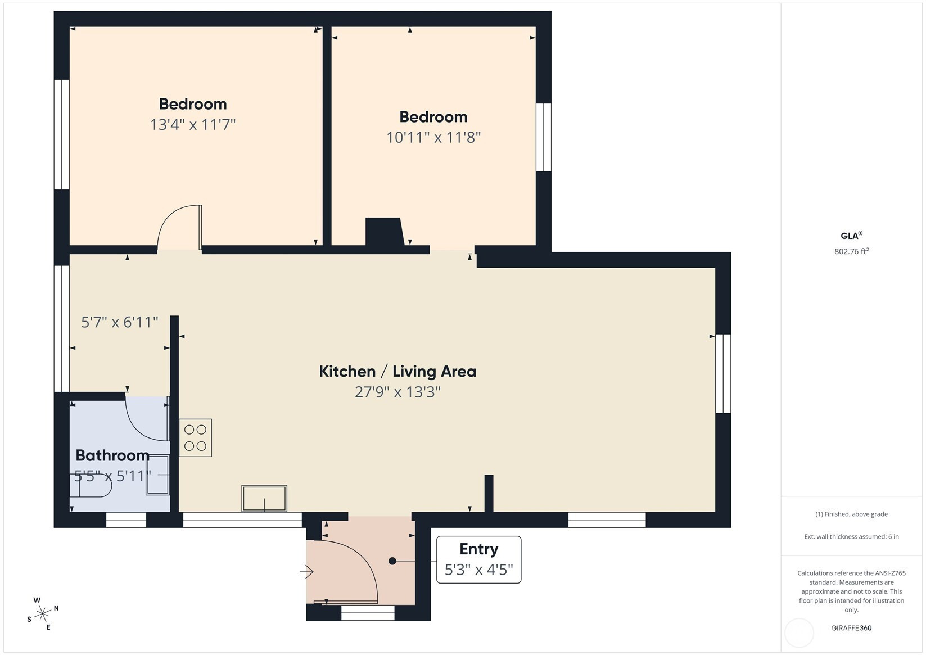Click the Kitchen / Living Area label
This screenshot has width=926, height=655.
click(397, 371)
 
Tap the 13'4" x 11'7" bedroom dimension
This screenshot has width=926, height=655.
click(193, 124)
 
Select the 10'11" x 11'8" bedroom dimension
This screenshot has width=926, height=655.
click(433, 137)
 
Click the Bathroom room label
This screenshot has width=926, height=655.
click(112, 455)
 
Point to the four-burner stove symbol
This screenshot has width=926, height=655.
click(195, 438)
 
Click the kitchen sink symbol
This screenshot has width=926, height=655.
click(264, 498)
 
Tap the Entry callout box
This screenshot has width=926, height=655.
click(478, 559)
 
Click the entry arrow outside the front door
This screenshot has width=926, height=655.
click(307, 572)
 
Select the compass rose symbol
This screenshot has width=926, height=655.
click(43, 614)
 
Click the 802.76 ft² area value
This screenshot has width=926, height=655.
click(851, 251)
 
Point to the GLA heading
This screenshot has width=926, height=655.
click(851, 236)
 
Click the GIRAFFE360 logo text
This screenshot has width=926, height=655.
click(851, 627)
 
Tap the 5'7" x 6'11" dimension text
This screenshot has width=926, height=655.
click(119, 322)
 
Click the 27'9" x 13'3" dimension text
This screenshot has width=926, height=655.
click(397, 392)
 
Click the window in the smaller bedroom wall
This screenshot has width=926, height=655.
click(544, 137)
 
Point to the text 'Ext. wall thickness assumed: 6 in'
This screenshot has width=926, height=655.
click(851, 537)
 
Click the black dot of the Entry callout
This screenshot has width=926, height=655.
click(392, 561)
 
